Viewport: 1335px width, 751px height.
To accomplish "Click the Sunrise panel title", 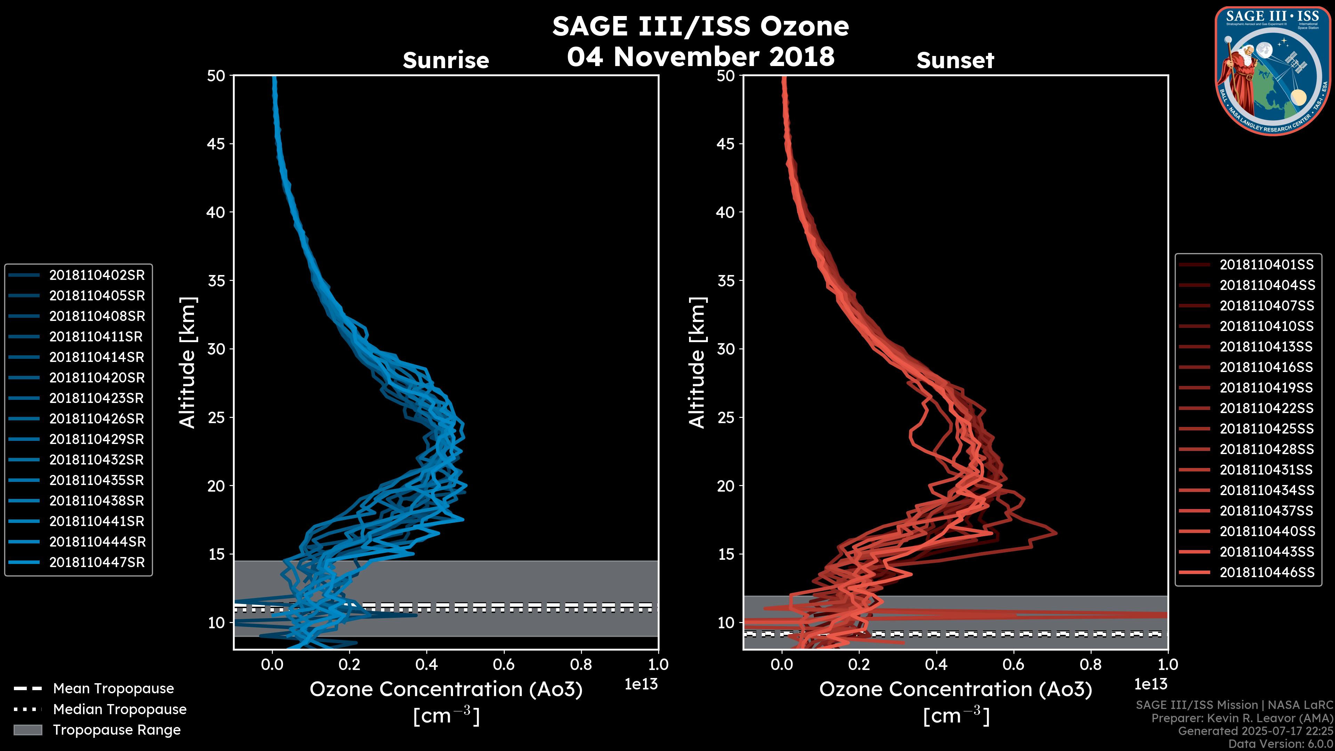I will [x=446, y=60].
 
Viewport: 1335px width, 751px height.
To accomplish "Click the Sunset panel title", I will [x=955, y=60].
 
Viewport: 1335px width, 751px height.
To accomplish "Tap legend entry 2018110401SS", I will [x=1267, y=265].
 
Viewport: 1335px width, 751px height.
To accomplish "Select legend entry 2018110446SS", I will [x=1267, y=572].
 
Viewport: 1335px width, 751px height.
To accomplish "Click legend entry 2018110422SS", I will [x=1267, y=409].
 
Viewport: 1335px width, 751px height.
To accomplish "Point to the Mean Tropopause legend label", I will [x=113, y=689].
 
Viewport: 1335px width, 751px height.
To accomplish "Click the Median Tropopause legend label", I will [x=120, y=710].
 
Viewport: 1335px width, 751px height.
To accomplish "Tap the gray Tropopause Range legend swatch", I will [x=27, y=730].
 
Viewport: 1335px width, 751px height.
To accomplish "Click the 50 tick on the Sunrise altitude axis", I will [x=216, y=76].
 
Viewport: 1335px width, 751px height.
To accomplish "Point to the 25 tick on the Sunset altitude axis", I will [x=726, y=418].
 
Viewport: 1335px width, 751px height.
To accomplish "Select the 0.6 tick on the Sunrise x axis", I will [x=504, y=664].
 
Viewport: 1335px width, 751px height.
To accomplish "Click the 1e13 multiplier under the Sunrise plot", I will [x=641, y=685].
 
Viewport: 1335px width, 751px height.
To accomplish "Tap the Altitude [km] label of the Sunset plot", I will [x=697, y=363].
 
